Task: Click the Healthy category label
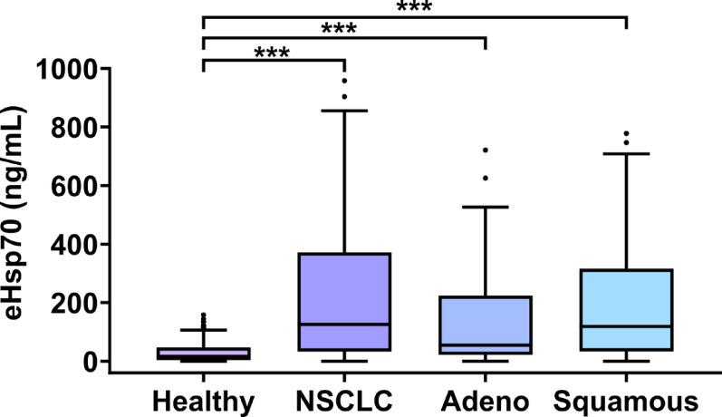pyautogui.click(x=204, y=400)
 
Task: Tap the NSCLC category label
pyautogui.click(x=344, y=400)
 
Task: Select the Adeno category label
pyautogui.click(x=486, y=400)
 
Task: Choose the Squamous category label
pyautogui.click(x=626, y=400)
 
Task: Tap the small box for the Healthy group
pyautogui.click(x=204, y=354)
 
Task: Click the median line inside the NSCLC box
pyautogui.click(x=344, y=324)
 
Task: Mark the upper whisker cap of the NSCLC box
pyautogui.click(x=344, y=111)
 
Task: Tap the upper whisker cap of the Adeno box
pyautogui.click(x=486, y=207)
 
